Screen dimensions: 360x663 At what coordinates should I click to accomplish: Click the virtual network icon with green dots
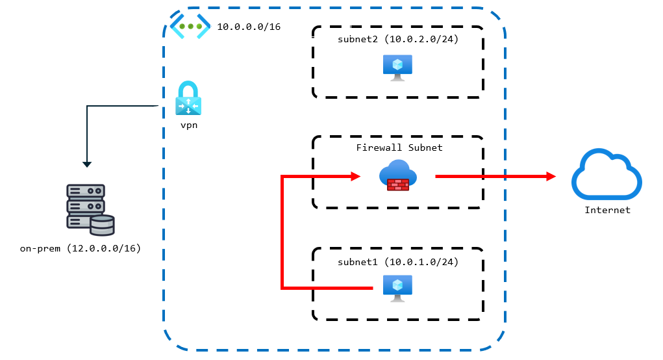click(x=190, y=27)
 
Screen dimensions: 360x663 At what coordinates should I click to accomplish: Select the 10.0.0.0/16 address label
click(x=249, y=27)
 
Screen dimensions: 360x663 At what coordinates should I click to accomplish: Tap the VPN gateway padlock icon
click(x=188, y=99)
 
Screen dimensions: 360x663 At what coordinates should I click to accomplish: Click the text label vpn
click(x=188, y=125)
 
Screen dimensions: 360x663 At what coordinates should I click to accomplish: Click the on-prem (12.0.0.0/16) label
click(x=81, y=249)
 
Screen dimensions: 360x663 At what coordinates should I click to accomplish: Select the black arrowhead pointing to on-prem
click(x=87, y=164)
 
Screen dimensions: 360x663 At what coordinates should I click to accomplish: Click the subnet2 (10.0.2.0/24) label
click(x=398, y=40)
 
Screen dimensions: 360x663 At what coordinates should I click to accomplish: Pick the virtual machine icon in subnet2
click(x=397, y=67)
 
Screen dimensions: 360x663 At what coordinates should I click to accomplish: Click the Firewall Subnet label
click(x=399, y=148)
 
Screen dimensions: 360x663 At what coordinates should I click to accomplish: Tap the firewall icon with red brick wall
click(x=398, y=176)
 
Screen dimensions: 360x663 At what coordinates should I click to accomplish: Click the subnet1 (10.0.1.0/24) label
click(x=398, y=262)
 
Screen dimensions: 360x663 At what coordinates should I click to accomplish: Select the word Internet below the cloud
click(x=607, y=210)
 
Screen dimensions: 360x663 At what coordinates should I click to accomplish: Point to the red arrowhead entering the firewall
click(x=356, y=176)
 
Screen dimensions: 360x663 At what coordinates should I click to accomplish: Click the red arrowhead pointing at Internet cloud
click(x=551, y=176)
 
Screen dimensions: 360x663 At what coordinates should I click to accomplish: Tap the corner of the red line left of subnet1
click(x=282, y=287)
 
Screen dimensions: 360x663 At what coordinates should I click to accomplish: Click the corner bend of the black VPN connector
click(x=87, y=105)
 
